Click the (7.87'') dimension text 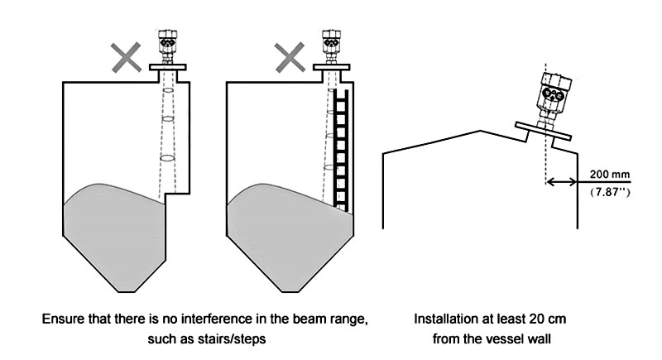pyautogui.click(x=609, y=192)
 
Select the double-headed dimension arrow pyautogui.click(x=563, y=183)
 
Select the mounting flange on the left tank pyautogui.click(x=168, y=67)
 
